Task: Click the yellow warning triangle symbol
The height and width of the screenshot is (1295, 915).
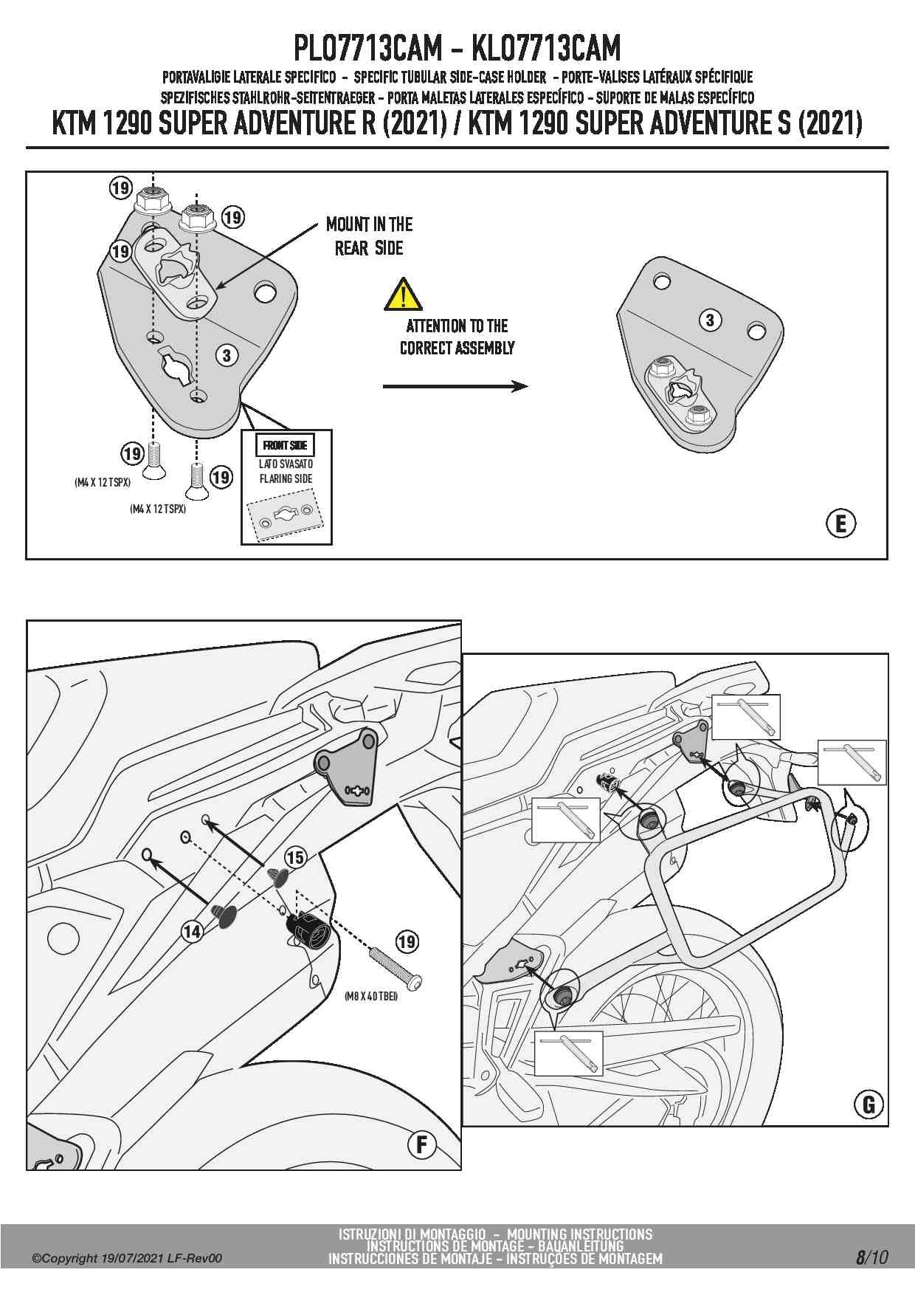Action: (x=403, y=295)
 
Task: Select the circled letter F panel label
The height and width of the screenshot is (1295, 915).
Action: (x=422, y=1144)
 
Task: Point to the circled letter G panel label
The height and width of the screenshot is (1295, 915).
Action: (x=869, y=1105)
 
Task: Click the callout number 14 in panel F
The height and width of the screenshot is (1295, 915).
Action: (x=192, y=932)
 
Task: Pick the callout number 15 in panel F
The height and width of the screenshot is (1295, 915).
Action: (x=295, y=857)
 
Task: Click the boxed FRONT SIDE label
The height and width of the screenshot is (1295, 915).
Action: (x=285, y=445)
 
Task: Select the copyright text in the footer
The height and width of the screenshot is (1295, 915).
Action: (x=126, y=1258)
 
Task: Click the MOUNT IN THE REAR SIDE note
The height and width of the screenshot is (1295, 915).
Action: (x=369, y=236)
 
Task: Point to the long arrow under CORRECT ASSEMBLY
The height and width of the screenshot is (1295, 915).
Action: (x=455, y=386)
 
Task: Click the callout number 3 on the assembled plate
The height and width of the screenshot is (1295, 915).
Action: (x=710, y=320)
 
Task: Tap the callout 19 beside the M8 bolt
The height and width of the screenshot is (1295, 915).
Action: (x=407, y=941)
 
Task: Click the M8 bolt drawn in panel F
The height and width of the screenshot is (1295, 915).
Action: (x=397, y=971)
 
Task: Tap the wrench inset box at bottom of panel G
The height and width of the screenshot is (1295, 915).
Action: (x=568, y=1053)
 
